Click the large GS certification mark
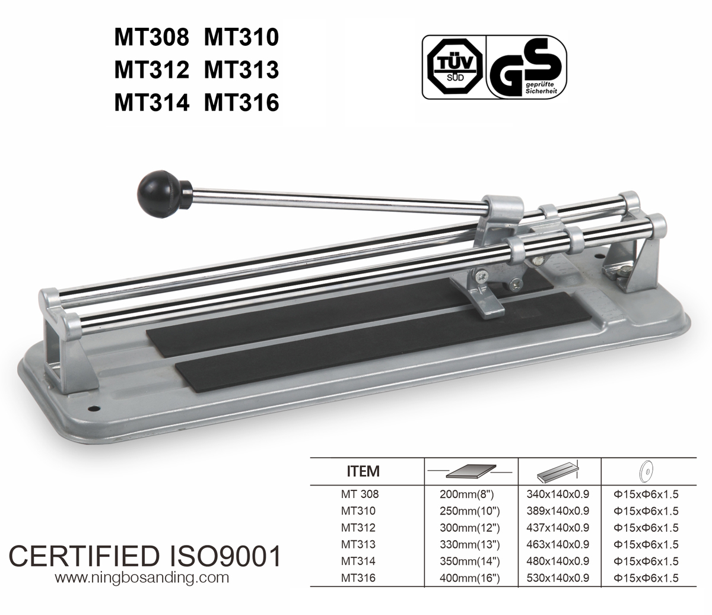(x=526, y=66)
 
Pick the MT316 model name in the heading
(x=241, y=103)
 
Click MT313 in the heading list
(x=241, y=70)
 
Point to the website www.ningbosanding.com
(x=141, y=576)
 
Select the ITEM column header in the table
(x=363, y=472)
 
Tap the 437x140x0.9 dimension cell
(x=558, y=527)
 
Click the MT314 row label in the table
(x=358, y=561)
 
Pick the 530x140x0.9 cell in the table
(x=558, y=578)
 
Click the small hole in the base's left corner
(x=93, y=409)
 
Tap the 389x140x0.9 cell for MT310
(x=558, y=511)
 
